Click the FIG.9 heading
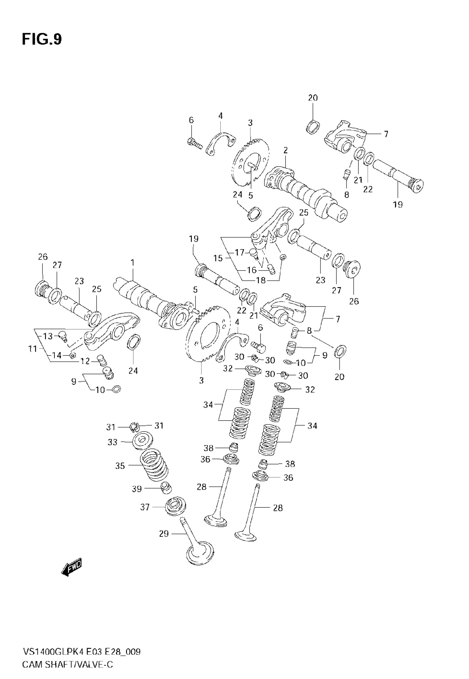(42, 39)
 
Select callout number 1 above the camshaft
(132, 262)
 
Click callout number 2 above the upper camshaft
(285, 150)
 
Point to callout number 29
(164, 534)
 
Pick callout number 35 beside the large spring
(120, 466)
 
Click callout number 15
(218, 258)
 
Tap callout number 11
(33, 349)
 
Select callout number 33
(112, 442)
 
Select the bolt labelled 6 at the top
(194, 143)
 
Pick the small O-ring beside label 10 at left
(116, 390)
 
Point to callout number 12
(85, 361)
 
